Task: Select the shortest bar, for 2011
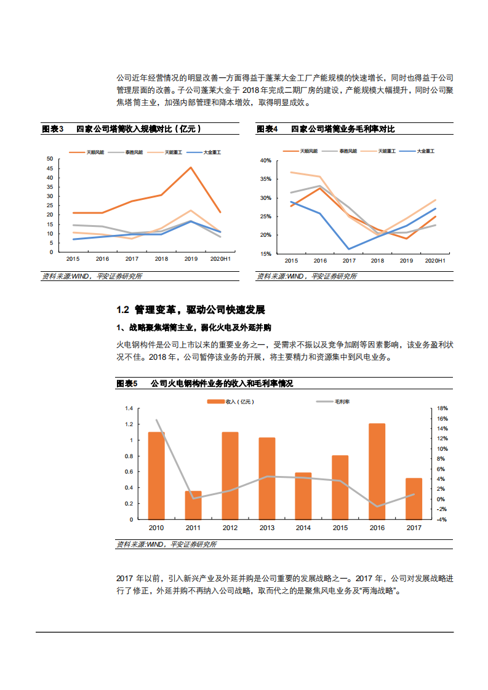[x=193, y=505]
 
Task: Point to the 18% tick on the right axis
[x=425, y=408]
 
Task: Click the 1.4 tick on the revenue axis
[x=129, y=408]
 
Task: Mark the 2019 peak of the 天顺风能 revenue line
[x=191, y=168]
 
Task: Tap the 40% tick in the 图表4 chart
[x=266, y=161]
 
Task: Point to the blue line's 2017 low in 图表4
[x=348, y=249]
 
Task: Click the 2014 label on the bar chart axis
[x=303, y=528]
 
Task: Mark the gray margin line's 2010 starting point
[x=156, y=420]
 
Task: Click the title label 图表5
[x=126, y=384]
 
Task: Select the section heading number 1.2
[x=122, y=309]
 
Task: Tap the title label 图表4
[x=267, y=129]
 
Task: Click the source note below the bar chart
[x=166, y=544]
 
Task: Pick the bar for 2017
[x=414, y=499]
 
